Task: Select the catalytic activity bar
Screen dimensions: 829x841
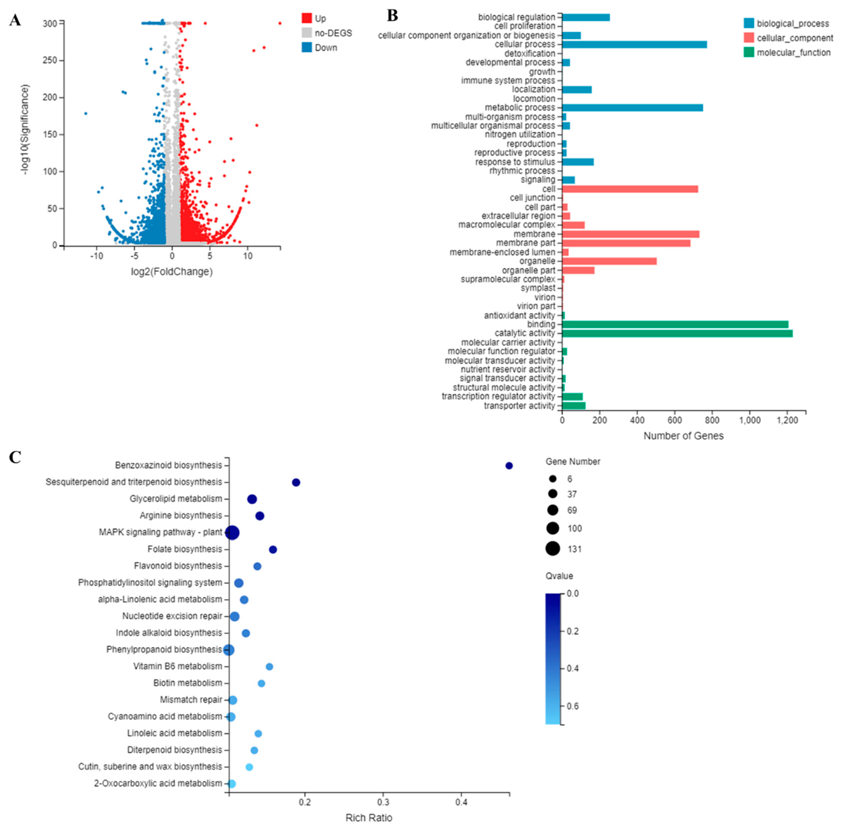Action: tap(677, 333)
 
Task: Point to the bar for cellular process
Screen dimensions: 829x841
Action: tap(634, 44)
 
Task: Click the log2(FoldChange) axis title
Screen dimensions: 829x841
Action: tap(172, 272)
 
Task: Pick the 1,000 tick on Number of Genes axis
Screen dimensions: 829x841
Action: tap(750, 420)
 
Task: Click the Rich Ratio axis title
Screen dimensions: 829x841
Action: tap(369, 818)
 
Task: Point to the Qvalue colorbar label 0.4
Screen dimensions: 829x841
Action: tap(573, 668)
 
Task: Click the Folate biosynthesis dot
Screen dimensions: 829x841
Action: tap(273, 550)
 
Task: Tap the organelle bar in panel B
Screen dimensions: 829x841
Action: tap(609, 261)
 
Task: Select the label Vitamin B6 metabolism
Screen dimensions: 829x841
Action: tap(178, 666)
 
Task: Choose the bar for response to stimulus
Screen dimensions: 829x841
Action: tap(578, 162)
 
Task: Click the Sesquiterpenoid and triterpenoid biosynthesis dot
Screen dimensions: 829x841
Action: tap(296, 482)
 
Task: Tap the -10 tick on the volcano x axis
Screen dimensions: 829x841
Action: tap(97, 256)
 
